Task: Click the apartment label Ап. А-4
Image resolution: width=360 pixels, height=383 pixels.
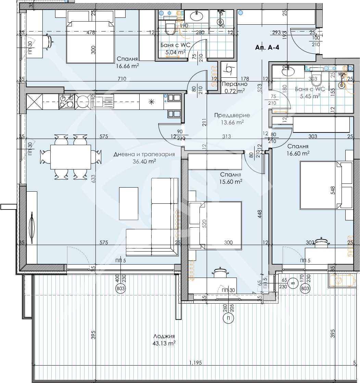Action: (x=267, y=48)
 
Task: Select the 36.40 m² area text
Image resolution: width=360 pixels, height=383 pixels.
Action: (x=144, y=161)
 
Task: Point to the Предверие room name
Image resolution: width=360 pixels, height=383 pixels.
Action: (x=232, y=115)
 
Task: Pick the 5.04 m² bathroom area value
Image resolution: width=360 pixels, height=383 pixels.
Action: (x=176, y=52)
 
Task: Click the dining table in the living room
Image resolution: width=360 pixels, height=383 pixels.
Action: (x=71, y=157)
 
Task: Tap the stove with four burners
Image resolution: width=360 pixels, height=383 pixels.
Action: (x=67, y=101)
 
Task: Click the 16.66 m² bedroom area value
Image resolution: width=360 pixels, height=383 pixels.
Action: (x=127, y=65)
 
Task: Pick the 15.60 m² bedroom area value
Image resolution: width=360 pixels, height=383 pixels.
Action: (x=231, y=181)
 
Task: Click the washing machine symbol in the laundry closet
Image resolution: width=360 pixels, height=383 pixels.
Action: (x=229, y=70)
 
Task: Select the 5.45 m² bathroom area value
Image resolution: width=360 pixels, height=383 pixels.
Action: (x=310, y=96)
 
